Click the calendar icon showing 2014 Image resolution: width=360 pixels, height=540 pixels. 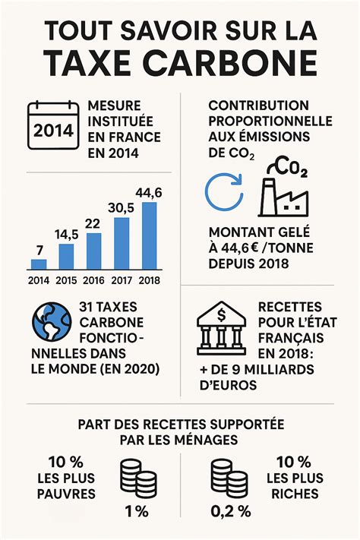click(x=54, y=126)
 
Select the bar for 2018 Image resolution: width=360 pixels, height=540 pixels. click(x=150, y=236)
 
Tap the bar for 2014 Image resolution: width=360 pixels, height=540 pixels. click(x=38, y=264)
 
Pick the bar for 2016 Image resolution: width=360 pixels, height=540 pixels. click(x=94, y=251)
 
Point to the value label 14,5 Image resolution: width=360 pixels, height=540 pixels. click(x=66, y=234)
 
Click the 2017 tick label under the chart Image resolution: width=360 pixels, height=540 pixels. click(x=122, y=280)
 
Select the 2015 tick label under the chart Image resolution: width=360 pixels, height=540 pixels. click(x=66, y=280)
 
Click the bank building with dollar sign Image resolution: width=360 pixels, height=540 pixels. click(x=223, y=329)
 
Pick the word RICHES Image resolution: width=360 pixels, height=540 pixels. click(x=294, y=494)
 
